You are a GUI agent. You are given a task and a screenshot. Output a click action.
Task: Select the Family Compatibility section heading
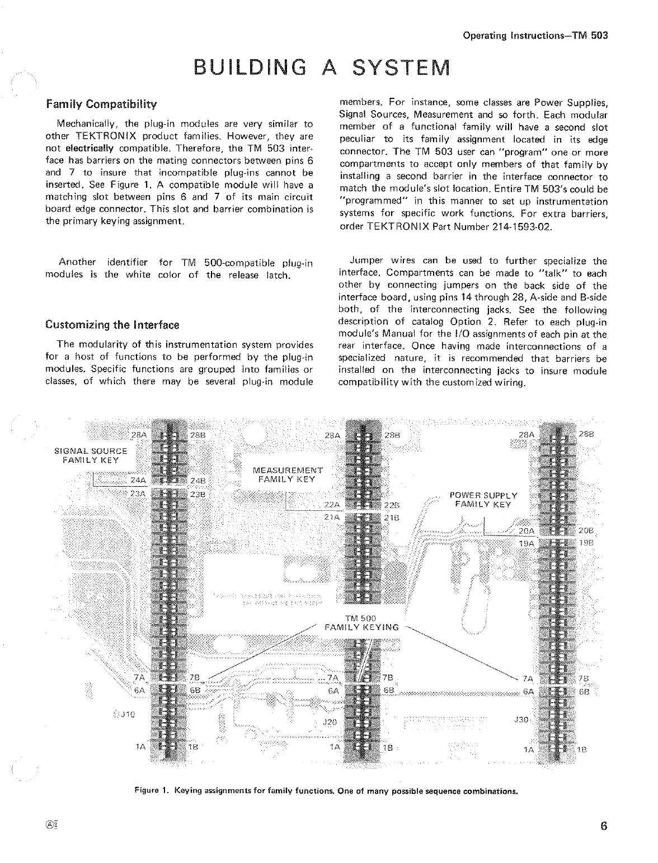click(x=101, y=105)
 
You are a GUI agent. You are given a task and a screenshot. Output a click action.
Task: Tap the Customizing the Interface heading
click(x=112, y=325)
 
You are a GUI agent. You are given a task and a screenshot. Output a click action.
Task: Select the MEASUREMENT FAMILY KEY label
click(x=287, y=475)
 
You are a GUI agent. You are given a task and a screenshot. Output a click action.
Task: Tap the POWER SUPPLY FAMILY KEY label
click(x=483, y=499)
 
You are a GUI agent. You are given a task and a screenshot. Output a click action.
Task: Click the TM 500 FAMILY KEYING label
click(x=361, y=623)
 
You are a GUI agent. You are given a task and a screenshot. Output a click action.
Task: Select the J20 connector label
click(x=330, y=722)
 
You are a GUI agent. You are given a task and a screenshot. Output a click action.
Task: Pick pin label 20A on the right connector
click(x=527, y=531)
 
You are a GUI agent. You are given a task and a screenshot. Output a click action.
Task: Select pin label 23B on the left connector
click(x=198, y=494)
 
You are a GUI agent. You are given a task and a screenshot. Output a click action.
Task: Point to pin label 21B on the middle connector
click(x=392, y=517)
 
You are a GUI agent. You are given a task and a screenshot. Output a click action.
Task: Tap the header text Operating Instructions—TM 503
click(x=535, y=35)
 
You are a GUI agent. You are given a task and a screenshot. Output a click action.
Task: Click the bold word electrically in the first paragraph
click(x=90, y=149)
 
